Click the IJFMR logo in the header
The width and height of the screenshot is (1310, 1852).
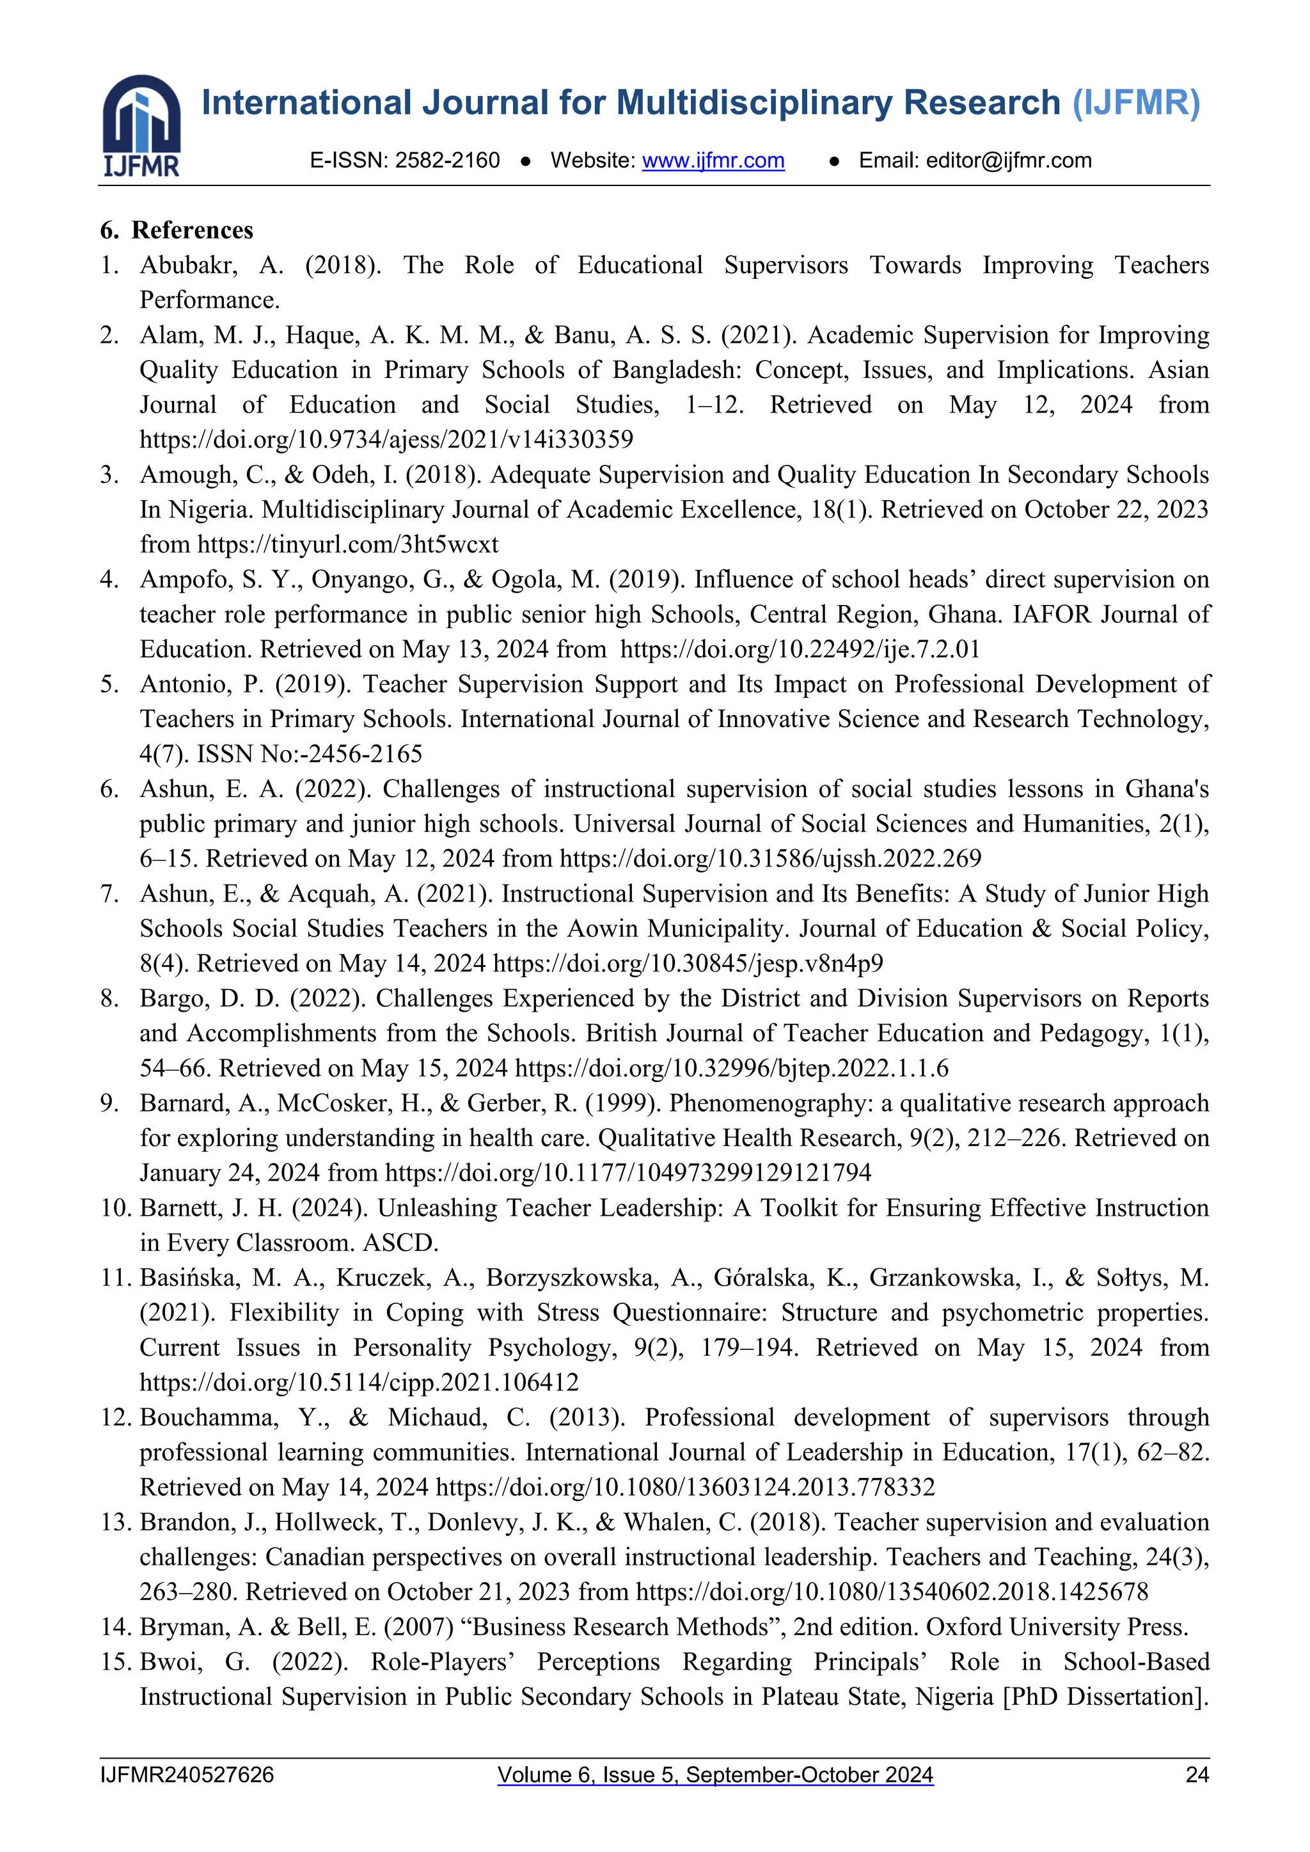point(141,126)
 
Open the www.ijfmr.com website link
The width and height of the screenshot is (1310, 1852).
point(713,161)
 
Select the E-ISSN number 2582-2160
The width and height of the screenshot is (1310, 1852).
point(448,161)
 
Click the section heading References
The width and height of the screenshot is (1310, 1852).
point(192,231)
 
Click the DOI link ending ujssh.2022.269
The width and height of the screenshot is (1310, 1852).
point(770,859)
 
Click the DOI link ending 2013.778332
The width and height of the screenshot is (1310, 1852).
point(685,1487)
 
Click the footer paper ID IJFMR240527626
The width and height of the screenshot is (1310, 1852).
point(187,1775)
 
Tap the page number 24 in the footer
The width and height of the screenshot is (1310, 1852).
point(1197,1775)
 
